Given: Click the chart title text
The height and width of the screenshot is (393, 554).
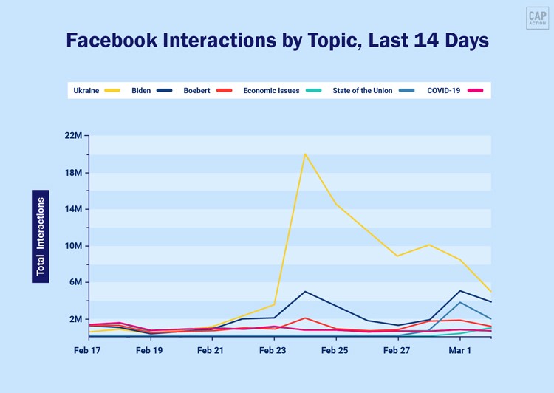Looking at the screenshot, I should click(277, 41).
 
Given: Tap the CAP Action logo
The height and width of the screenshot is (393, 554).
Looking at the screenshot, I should click(537, 18).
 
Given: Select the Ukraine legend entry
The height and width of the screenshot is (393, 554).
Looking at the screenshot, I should click(96, 91).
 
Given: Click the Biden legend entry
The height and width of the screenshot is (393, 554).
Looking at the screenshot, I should click(151, 91).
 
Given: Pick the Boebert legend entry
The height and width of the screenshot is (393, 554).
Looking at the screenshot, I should click(208, 91).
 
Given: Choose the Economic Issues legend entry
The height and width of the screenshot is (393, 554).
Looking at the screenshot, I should click(281, 91).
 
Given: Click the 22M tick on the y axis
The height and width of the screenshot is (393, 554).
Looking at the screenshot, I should click(75, 136).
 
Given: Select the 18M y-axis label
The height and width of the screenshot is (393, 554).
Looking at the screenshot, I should click(75, 173).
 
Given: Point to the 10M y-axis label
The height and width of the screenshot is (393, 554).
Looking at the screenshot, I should click(75, 246).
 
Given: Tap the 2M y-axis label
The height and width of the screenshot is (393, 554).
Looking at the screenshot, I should click(75, 319).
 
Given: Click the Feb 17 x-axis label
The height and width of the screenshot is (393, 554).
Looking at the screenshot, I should click(88, 350).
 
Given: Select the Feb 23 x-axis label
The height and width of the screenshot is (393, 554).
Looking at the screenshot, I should click(274, 350).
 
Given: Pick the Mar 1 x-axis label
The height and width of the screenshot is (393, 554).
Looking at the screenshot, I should click(460, 350).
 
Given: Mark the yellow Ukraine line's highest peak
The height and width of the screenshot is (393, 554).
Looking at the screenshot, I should click(304, 154).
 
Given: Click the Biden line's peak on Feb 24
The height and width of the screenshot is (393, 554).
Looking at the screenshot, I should click(305, 291).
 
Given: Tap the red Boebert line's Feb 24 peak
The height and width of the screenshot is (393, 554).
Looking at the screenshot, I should click(305, 318).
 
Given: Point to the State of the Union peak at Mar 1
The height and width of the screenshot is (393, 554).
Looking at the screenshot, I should click(460, 302).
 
